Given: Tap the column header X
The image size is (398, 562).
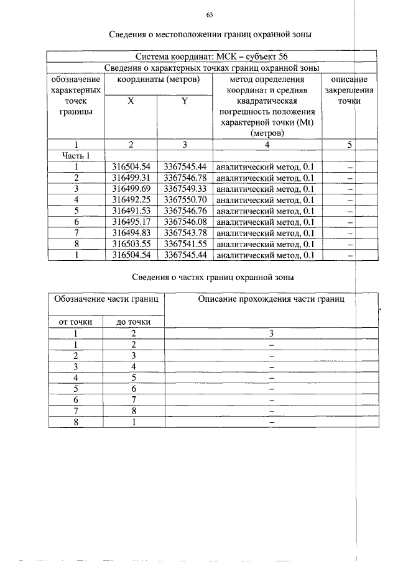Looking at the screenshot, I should point(131,101).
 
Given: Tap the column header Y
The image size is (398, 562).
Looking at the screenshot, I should point(185,101).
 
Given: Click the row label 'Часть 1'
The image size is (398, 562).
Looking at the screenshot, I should point(76,156).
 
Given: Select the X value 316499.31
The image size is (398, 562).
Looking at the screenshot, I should point(131,178).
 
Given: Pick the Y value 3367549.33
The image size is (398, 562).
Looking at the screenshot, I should point(185,189).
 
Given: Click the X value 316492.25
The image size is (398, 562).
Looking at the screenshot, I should point(131,200).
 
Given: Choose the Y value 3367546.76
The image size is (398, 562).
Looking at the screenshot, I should point(185,211).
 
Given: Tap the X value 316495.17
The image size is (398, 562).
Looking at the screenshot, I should point(131,222).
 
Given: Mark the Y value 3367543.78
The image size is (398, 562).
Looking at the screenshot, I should point(185,233).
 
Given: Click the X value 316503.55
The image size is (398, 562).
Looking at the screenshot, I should point(131,243).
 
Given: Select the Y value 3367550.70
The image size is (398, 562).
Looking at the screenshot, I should point(185,200).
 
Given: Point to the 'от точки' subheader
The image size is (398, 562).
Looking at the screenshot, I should point(76,322).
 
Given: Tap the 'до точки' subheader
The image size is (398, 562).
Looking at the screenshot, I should point(134,322).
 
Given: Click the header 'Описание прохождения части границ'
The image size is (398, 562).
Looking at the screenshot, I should point(271,299).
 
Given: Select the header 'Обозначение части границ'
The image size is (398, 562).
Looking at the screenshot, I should point(105,299).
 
